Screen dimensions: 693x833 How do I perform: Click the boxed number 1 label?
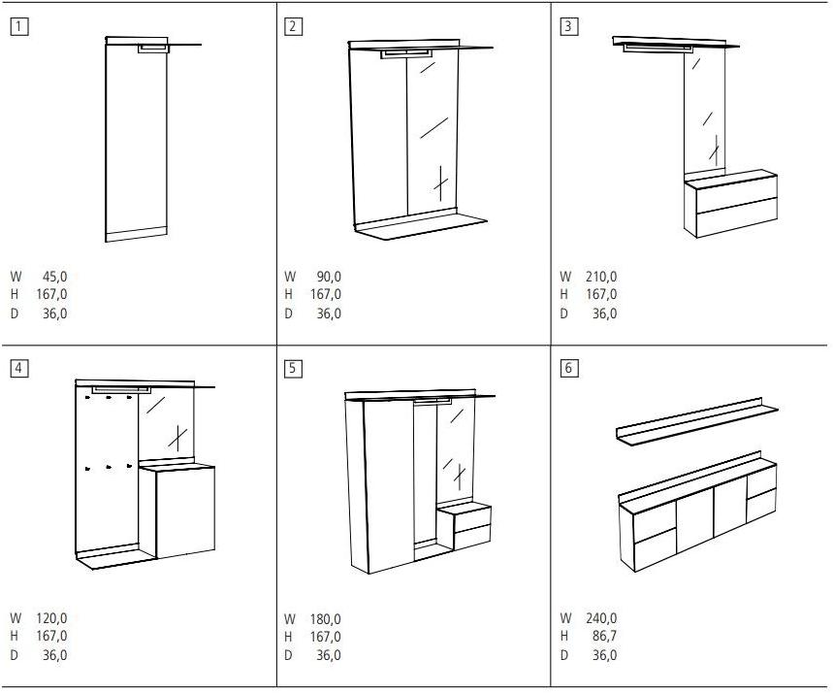coord(19,27)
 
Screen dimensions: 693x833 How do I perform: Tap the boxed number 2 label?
coord(294,27)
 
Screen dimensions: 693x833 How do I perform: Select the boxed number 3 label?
coord(568,27)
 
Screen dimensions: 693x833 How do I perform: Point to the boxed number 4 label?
coord(19,368)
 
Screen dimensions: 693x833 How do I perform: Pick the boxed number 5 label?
coord(294,369)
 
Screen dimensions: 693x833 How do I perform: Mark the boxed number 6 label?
coord(569,369)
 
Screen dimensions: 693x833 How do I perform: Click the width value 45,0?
coord(54,277)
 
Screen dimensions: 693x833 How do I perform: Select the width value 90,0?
coord(329,277)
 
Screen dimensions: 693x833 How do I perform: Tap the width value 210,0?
coord(601,277)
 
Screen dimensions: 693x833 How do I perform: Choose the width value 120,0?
coord(51,618)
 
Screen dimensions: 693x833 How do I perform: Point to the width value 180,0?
coord(326,619)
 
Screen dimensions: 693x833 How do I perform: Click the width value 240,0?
coord(601,618)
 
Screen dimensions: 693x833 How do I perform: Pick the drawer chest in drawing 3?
coord(730,206)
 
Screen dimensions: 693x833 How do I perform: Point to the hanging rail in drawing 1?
coord(152,49)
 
